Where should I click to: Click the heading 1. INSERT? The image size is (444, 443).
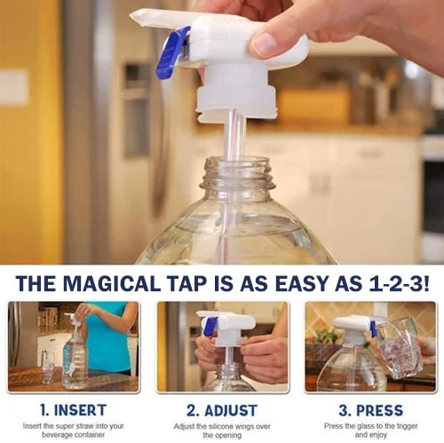[x=74, y=410]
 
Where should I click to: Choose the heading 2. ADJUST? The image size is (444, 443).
[x=222, y=410]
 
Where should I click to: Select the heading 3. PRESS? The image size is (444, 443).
[x=369, y=410]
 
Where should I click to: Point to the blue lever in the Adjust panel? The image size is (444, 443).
[x=210, y=327]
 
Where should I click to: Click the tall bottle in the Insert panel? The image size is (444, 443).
[x=75, y=355]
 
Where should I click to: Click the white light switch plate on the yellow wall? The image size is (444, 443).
[x=13, y=88]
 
